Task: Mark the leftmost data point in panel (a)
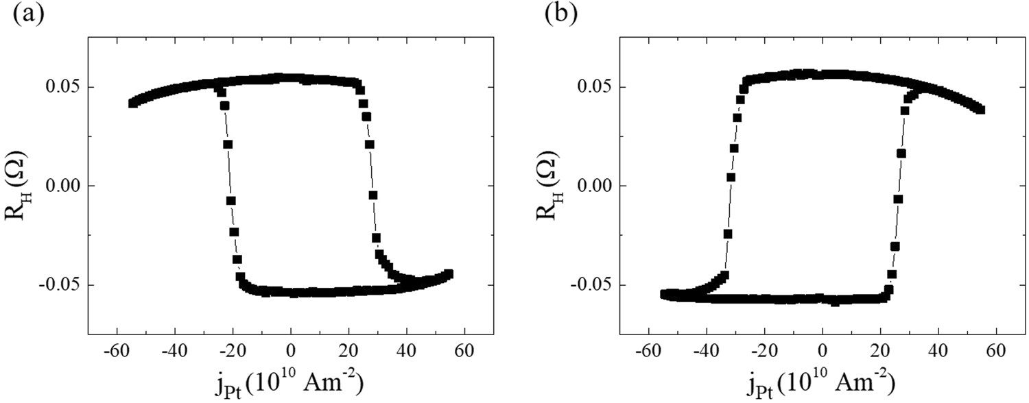133,103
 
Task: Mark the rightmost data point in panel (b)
980,110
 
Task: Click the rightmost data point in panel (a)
449,273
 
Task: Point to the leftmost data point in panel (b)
664,293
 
